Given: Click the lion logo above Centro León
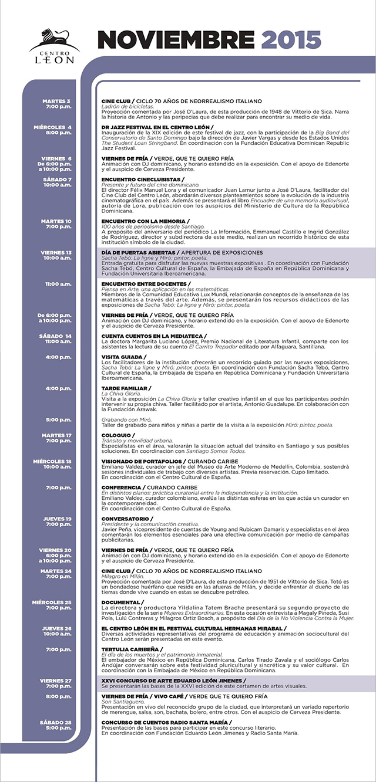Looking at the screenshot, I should click(53, 40).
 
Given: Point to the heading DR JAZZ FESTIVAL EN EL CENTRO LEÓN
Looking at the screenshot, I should click(156, 127).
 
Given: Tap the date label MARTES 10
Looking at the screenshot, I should click(57, 221).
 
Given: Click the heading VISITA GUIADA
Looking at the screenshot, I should click(123, 356).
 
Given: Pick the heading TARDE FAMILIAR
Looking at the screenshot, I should click(125, 388).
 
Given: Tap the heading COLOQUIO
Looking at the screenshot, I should click(117, 435).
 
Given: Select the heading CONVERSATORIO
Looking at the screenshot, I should click(126, 519).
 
